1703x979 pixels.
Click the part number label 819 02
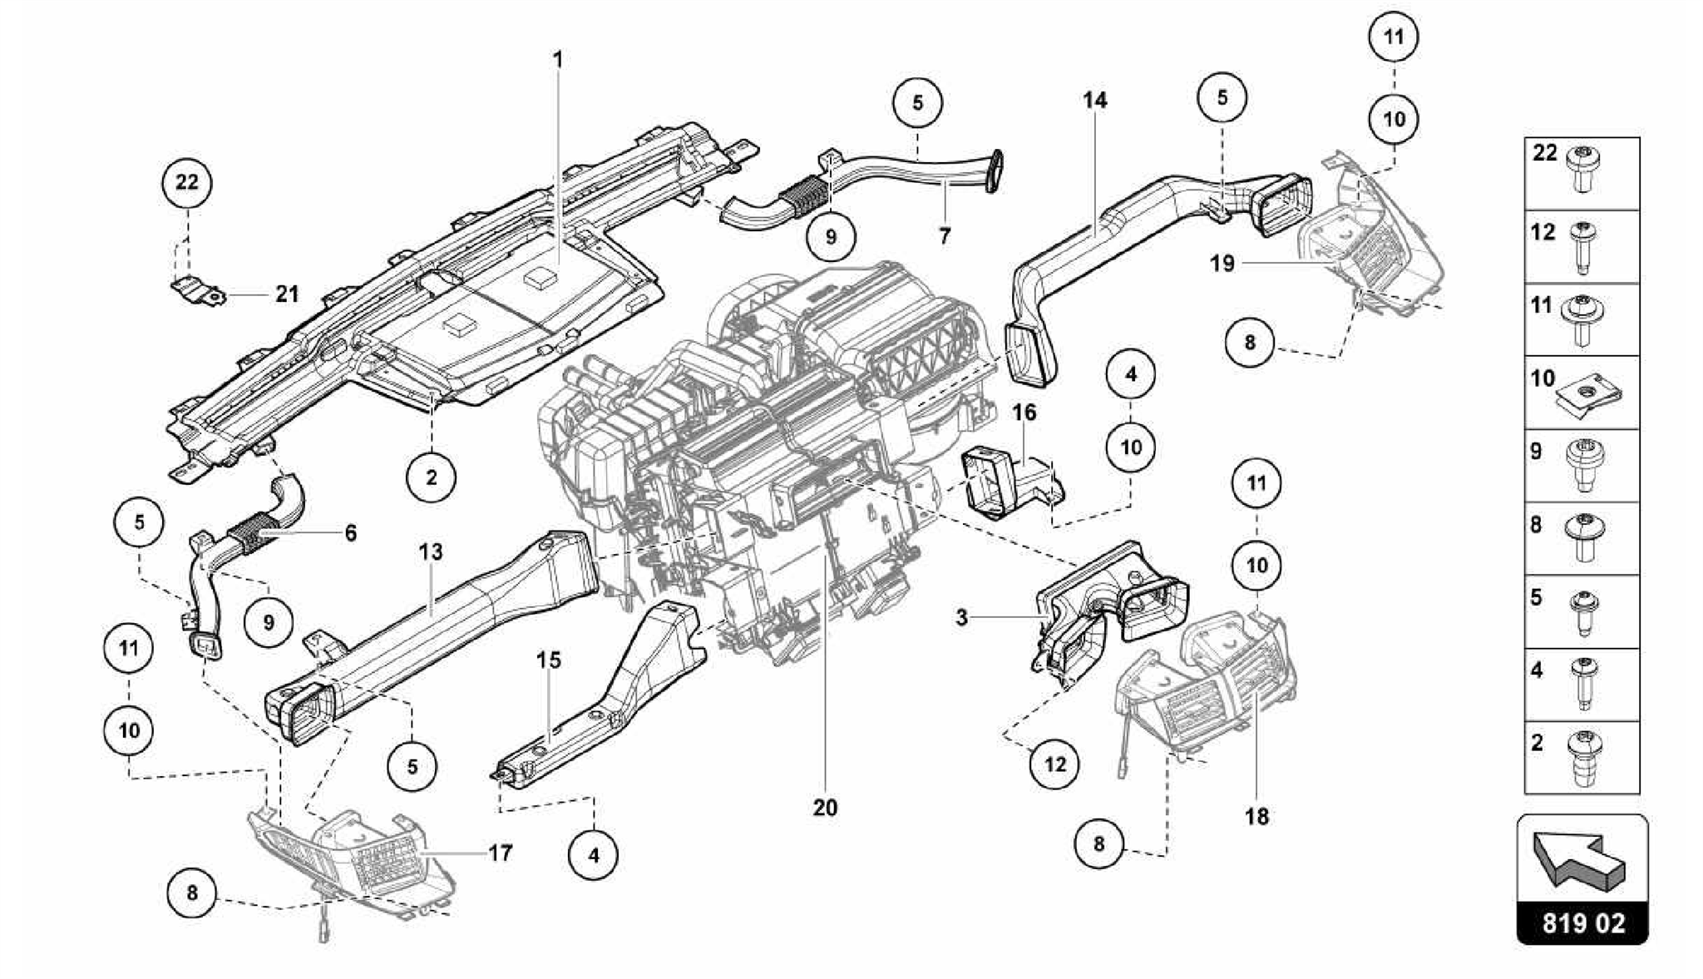point(1582,924)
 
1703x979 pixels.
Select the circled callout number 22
point(187,181)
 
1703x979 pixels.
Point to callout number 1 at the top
point(558,60)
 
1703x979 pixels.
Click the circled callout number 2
point(431,477)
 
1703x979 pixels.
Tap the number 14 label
point(1094,101)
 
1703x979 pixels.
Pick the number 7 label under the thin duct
point(944,236)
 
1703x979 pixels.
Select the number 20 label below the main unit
point(825,808)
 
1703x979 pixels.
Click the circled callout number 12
point(1054,764)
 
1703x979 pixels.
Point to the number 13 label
point(431,551)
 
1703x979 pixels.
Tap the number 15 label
point(548,660)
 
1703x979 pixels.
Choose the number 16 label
point(1024,413)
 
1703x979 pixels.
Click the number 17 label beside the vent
point(500,853)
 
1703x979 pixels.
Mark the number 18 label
point(1256,817)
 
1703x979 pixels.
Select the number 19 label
point(1222,264)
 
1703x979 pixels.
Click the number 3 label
point(961,617)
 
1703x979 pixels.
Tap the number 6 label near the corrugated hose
point(350,532)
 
